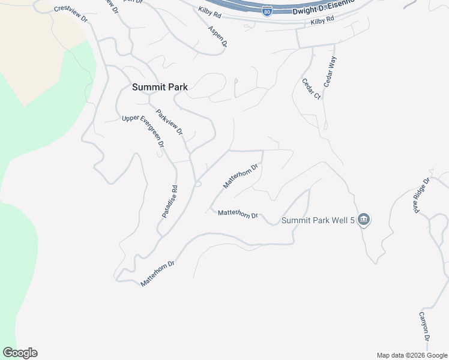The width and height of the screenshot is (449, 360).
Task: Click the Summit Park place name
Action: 160,87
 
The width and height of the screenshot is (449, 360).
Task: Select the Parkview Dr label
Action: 169,122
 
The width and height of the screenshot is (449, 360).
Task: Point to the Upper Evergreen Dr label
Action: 143,131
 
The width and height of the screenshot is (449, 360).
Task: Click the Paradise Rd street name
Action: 170,200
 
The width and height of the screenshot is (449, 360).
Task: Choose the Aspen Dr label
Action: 218,36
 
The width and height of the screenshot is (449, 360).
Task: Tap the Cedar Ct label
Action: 312,89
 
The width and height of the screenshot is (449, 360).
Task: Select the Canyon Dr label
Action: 424,328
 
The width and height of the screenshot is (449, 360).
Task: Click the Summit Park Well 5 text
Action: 318,220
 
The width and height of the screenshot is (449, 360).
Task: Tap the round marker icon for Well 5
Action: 363,220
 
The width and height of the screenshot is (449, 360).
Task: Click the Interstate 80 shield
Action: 267,10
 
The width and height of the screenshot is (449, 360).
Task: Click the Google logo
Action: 20,353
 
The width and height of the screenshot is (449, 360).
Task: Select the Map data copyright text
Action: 412,355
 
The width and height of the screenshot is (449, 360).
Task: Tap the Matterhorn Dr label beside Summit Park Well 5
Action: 238,214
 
